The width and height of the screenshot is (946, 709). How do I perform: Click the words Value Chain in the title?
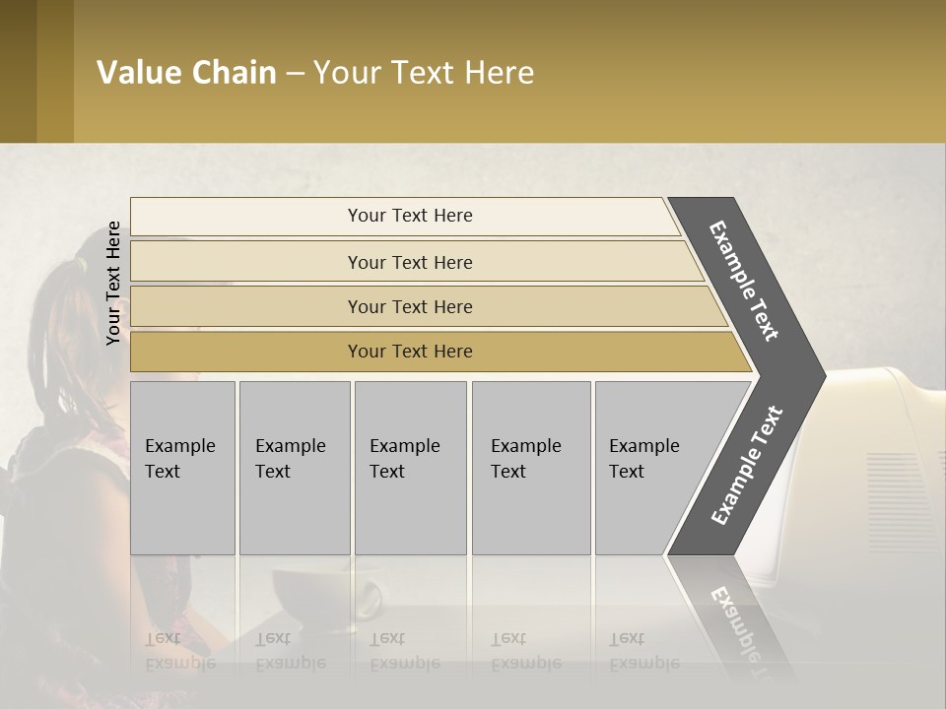click(186, 73)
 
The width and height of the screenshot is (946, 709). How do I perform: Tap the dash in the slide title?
click(295, 74)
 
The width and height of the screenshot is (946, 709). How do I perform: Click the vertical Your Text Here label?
click(113, 283)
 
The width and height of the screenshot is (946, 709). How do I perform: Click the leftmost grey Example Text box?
click(182, 468)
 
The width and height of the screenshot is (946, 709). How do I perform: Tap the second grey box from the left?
click(295, 468)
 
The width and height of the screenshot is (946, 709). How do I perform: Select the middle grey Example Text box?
click(410, 468)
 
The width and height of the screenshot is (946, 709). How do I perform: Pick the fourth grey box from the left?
click(531, 468)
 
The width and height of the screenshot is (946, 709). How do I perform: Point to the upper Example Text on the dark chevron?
click(744, 281)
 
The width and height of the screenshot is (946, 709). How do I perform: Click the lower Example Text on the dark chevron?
click(747, 465)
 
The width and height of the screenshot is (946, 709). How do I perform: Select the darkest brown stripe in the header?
click(18, 71)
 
